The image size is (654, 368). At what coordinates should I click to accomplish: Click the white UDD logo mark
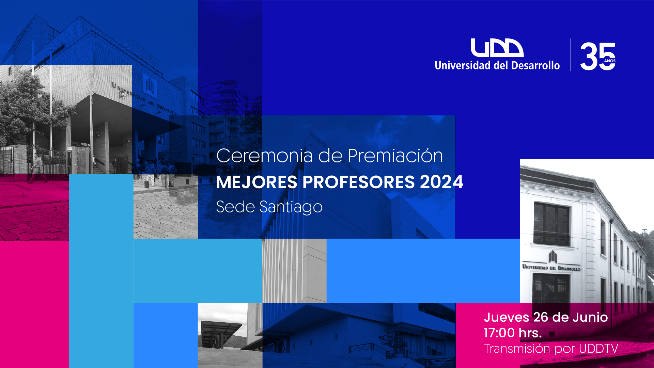point(497,48)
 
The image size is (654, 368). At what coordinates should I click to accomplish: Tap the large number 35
point(598,57)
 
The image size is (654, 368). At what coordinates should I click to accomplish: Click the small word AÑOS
point(610,61)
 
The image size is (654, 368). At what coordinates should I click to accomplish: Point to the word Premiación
point(395,156)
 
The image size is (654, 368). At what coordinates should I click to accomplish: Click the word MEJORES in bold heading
point(257,182)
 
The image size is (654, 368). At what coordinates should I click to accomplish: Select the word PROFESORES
point(359,182)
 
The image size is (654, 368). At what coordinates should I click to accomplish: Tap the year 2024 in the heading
point(442,182)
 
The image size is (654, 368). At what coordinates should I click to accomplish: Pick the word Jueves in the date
point(507,317)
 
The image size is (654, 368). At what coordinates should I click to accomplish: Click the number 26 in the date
point(541,317)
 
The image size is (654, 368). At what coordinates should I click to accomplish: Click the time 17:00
point(499,333)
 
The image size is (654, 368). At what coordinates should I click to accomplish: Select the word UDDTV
point(598,349)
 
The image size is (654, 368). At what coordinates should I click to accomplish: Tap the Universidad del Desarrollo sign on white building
point(551,268)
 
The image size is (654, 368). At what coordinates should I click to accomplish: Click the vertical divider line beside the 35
point(570,55)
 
